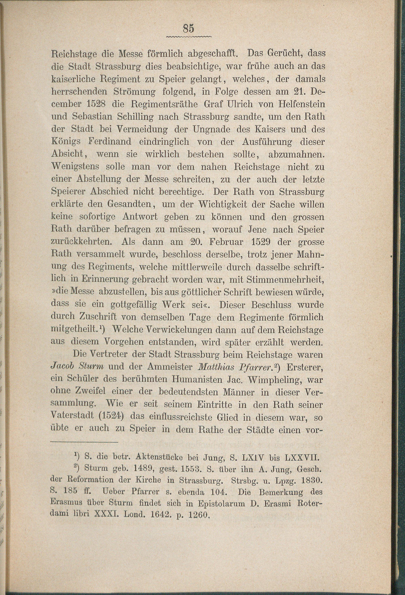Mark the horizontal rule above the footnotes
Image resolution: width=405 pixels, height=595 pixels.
coord(84,442)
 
